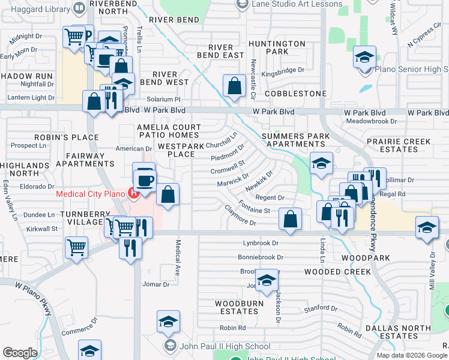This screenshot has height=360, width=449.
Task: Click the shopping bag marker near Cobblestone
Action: coord(234,86)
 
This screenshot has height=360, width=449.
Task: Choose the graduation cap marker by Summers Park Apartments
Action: coord(321,163)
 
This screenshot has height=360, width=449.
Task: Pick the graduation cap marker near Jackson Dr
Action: coord(267,280)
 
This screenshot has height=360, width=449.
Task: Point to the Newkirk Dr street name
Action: coord(259,180)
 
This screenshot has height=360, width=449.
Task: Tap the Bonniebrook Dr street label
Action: coord(260,257)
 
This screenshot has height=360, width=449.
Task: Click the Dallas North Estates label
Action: coord(399,331)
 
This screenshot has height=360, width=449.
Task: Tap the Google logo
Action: coord(20,353)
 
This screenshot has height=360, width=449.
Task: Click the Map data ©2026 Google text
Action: coord(411,355)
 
